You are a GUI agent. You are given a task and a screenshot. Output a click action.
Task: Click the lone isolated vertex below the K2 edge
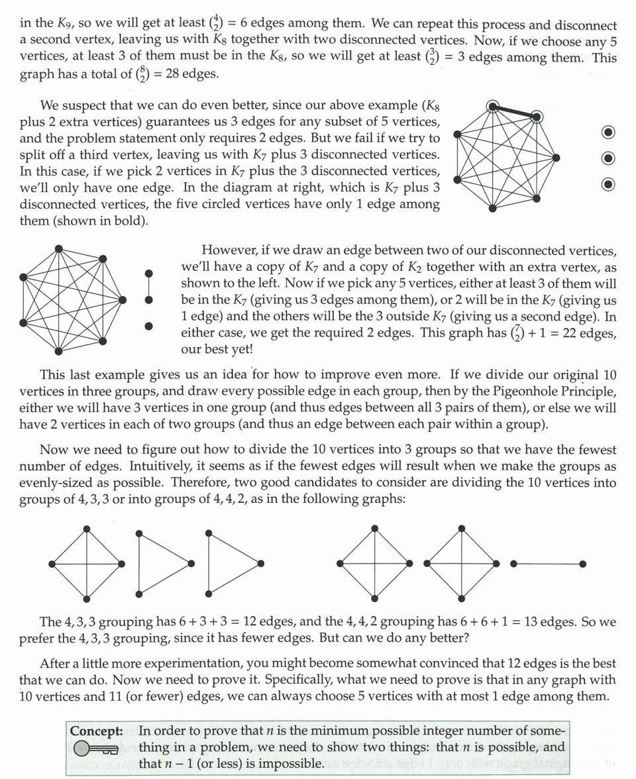[148, 326]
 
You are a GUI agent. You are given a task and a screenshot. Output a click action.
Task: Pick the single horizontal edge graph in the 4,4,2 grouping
[548, 564]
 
